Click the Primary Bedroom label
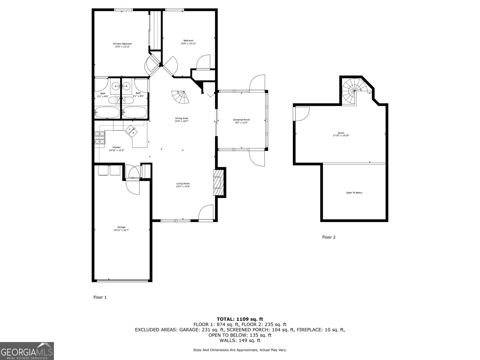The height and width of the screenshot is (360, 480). point(122,45)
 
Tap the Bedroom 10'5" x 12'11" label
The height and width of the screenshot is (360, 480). point(188,42)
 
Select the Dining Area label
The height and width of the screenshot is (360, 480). point(181,120)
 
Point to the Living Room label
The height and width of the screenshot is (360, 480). point(183,185)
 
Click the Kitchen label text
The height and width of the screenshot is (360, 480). point(116,149)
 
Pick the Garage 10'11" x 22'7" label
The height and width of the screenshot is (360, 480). point(121,229)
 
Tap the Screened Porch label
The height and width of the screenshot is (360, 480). point(241,121)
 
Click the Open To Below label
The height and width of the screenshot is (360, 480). point(354,193)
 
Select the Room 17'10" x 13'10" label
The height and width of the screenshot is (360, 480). point(341,134)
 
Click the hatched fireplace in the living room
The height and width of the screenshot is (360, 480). point(218,182)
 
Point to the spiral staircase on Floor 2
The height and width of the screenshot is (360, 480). point(354,90)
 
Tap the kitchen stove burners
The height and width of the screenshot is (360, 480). point(100,138)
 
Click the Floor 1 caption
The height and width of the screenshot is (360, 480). point(100,297)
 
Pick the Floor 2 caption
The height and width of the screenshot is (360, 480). point(329,237)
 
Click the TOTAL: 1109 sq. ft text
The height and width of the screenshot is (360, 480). point(240,319)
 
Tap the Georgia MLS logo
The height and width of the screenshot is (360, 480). point(27,351)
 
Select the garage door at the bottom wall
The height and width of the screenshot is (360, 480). point(122,281)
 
